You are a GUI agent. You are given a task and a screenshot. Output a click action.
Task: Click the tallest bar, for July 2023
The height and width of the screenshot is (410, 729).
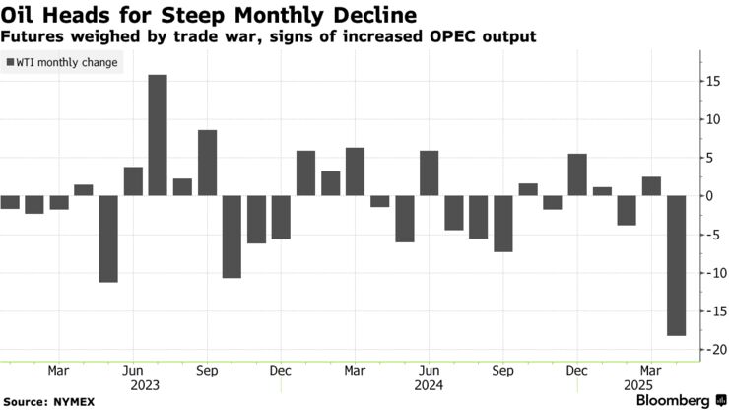point(158,135)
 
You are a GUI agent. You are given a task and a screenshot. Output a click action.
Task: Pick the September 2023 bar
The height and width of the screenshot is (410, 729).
point(207,163)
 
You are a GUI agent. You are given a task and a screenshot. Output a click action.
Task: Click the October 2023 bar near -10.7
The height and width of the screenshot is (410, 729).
point(232,237)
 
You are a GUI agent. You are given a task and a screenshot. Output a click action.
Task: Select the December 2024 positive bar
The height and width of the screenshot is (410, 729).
point(577,174)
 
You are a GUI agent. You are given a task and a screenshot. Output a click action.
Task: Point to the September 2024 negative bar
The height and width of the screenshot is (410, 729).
point(503,224)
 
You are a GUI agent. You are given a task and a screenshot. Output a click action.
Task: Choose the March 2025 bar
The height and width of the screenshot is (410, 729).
point(650,186)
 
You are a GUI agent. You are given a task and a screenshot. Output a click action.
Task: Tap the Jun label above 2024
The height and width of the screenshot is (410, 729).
point(429,372)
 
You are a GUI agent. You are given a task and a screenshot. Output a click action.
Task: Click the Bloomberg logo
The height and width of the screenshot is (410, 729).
point(673,400)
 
